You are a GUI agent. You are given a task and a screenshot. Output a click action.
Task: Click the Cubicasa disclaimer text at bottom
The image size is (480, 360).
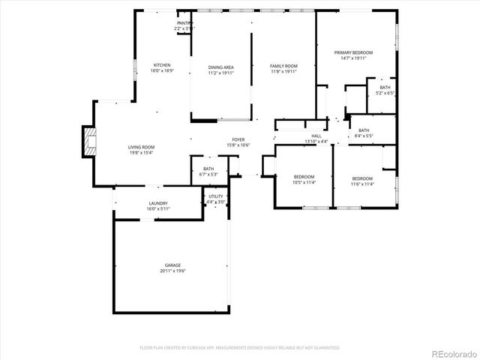(240, 348)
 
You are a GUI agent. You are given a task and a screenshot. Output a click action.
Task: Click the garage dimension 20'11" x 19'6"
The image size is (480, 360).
(172, 271)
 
